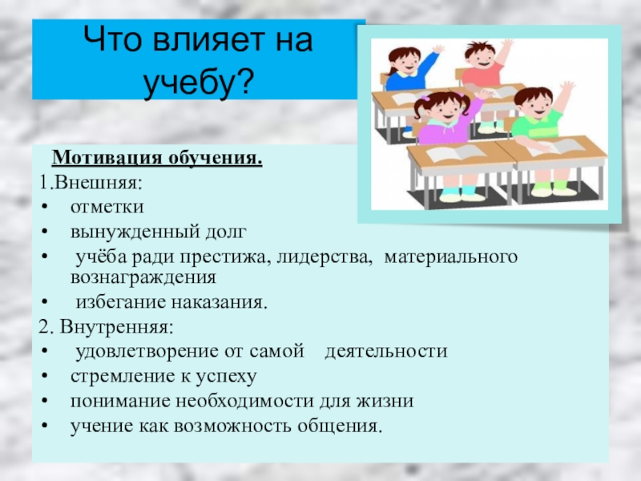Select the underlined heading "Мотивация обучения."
coord(157,158)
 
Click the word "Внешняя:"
coord(98,182)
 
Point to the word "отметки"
coord(107,207)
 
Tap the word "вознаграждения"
coord(143,277)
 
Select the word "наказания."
coord(219,302)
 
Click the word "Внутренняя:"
coord(116,327)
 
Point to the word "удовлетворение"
coord(147,352)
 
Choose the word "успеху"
coord(226,377)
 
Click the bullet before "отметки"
coord(45,207)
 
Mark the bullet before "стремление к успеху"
coord(45,377)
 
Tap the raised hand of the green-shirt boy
coord(567,89)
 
